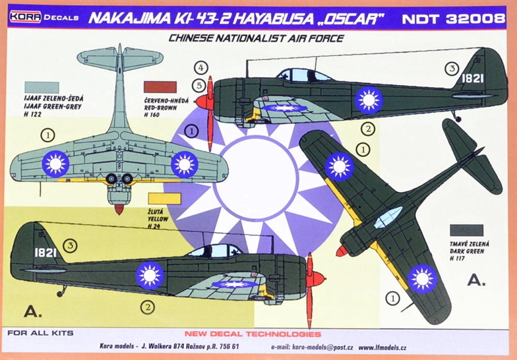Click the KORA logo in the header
click(x=25, y=17)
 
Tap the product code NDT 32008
click(x=454, y=18)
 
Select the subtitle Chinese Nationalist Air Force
click(x=256, y=38)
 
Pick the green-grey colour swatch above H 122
click(x=42, y=87)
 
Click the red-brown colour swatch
click(x=160, y=87)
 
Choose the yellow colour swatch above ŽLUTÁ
click(x=165, y=199)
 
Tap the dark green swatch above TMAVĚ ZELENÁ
click(x=467, y=231)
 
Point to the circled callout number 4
click(x=200, y=68)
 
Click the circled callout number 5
click(x=199, y=86)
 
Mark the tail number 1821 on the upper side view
click(x=472, y=78)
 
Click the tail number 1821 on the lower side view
click(x=45, y=253)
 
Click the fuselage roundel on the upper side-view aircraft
click(x=369, y=100)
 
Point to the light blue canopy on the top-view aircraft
click(x=388, y=218)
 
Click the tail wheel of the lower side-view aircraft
click(x=60, y=293)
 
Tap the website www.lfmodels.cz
click(x=382, y=347)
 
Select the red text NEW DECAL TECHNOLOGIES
click(x=253, y=334)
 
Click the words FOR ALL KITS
click(x=40, y=333)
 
